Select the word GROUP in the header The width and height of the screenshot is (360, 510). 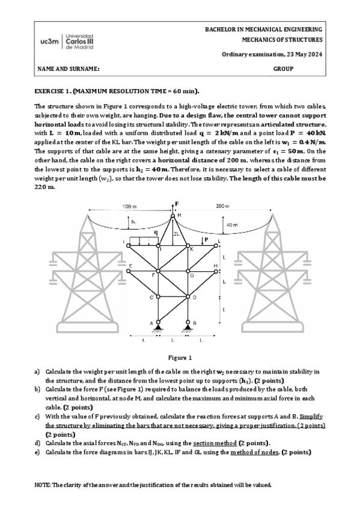point(283,69)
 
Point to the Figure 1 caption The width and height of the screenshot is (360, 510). point(180,357)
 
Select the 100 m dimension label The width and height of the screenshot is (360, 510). point(130,206)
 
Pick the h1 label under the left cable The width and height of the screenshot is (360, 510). point(133,223)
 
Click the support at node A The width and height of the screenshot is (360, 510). point(157,328)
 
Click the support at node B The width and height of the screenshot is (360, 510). point(188,328)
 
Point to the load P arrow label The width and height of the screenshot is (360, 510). point(206,239)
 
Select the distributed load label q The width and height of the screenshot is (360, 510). point(155,232)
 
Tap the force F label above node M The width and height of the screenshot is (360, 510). point(177,204)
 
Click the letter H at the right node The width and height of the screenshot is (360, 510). point(216,265)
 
